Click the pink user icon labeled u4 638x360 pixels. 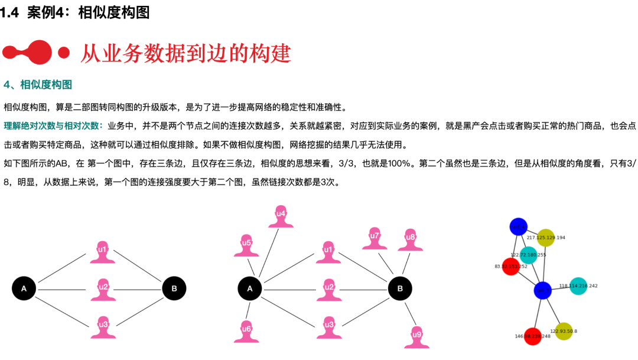(281, 216)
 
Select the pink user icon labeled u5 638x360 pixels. (247, 245)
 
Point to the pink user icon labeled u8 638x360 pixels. (411, 240)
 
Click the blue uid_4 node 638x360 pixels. (518, 226)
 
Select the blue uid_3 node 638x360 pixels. (542, 290)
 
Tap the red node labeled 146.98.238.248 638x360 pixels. (532, 336)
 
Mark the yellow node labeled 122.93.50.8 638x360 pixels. (564, 331)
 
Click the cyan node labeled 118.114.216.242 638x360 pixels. (578, 286)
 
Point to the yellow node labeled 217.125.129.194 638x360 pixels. (546, 238)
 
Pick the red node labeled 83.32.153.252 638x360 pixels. (510, 267)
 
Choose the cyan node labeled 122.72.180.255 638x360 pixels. (529, 255)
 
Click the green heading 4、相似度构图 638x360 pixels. (38, 85)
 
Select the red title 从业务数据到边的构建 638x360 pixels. (185, 53)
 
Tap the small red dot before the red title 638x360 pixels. (64, 53)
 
